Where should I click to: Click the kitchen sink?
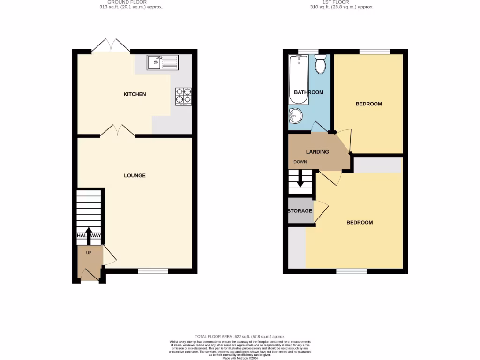coord(162,61)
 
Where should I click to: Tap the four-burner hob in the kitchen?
coord(183,96)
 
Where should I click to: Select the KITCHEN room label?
coord(135,94)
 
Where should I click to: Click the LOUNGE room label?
coord(135,176)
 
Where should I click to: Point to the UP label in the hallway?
coord(89,252)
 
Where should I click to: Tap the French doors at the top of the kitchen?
coord(111,46)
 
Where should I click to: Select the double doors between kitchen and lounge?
coord(118,131)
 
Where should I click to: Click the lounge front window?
coord(153,270)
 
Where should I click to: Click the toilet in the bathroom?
coord(321,64)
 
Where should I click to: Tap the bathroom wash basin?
coord(295,115)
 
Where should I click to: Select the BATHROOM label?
coord(308,92)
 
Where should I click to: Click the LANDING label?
coord(317,152)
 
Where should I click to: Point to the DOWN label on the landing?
coord(300,162)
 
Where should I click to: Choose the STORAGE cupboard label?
coord(300,211)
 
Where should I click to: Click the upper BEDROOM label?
coord(368,104)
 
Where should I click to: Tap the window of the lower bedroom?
coord(352,271)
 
